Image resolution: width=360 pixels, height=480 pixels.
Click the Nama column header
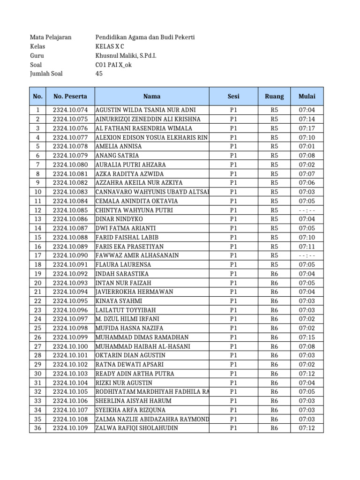152,97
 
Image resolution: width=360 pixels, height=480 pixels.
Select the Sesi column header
233,97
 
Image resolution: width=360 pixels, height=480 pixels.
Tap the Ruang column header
274,97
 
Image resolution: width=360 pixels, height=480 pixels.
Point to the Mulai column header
307,97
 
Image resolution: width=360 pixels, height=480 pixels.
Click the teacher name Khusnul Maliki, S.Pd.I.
126,56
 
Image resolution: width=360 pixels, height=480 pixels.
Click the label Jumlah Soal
46,74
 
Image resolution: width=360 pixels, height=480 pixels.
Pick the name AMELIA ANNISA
119,146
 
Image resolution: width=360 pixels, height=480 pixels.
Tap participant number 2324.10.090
70,255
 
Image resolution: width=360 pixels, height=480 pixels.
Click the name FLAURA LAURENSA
121,264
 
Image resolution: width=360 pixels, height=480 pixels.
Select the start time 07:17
307,128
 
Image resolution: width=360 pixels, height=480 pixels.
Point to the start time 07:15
307,337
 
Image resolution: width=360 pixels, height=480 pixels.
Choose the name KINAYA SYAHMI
118,301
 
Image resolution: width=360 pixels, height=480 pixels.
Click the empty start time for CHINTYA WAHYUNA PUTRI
307,210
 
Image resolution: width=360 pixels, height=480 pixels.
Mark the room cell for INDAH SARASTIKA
274,274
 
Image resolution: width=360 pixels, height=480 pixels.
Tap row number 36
38,428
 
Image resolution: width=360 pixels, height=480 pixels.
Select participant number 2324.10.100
70,346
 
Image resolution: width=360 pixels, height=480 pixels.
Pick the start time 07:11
307,247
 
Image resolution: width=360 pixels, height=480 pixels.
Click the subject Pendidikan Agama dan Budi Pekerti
145,37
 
